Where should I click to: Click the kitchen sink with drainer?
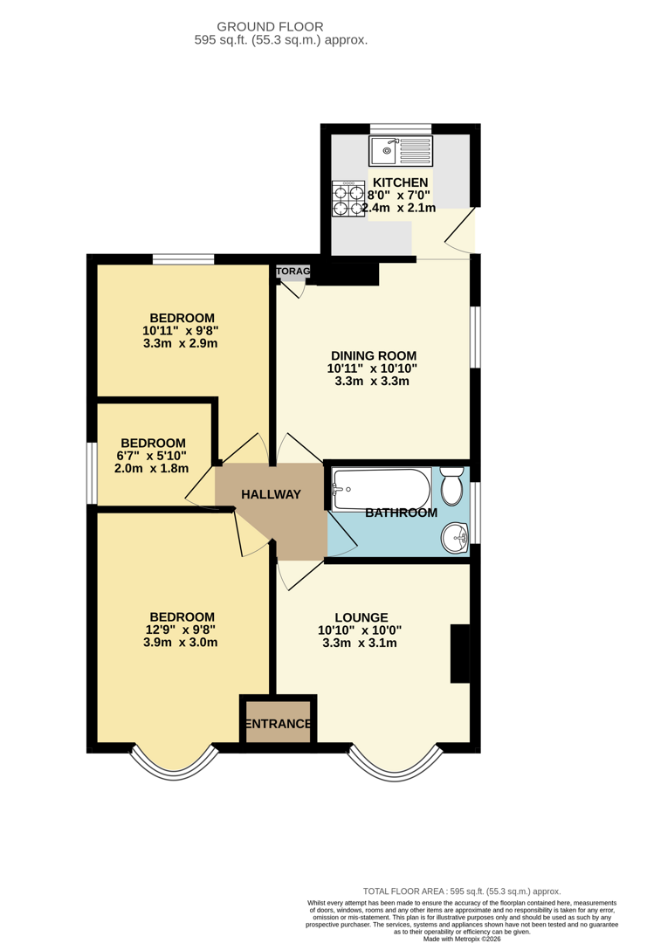click(x=401, y=151)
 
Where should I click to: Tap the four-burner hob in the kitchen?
click(x=347, y=199)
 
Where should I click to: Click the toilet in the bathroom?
click(x=451, y=485)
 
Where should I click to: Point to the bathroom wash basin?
click(x=454, y=537)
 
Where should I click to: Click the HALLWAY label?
click(x=271, y=494)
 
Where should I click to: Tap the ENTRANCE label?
click(x=278, y=724)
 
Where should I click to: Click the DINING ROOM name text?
click(x=373, y=355)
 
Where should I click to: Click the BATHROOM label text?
click(x=401, y=513)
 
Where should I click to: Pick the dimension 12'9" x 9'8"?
click(x=180, y=629)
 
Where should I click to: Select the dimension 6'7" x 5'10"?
click(x=154, y=455)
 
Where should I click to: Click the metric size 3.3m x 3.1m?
click(x=359, y=643)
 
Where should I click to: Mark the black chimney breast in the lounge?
click(x=459, y=653)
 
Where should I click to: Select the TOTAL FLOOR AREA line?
click(x=462, y=891)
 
